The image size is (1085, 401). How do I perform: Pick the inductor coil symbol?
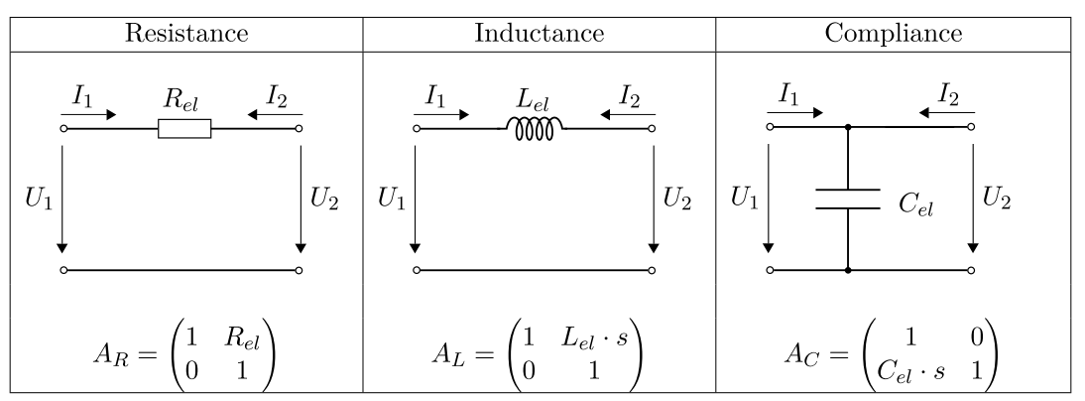[536, 127]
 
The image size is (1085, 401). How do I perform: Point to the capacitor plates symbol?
[848, 200]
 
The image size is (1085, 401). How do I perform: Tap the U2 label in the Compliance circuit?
[998, 197]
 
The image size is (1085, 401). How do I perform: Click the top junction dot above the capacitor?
[848, 128]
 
